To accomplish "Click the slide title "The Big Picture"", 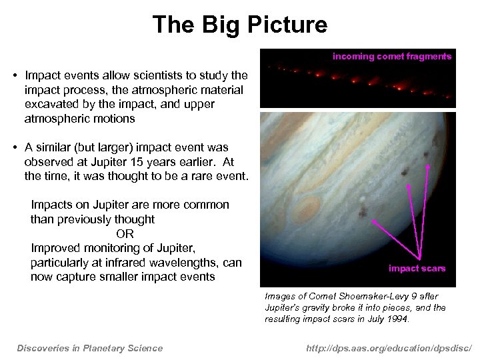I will pos(240,25).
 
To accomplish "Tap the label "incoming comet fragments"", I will pos(392,57).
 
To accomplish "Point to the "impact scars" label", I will pos(417,269).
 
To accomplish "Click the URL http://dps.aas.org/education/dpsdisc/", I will pos(389,347).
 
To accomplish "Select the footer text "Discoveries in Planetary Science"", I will pos(89,347).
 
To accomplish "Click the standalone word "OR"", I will pos(125,234).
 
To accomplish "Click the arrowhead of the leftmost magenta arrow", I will pos(374,221).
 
